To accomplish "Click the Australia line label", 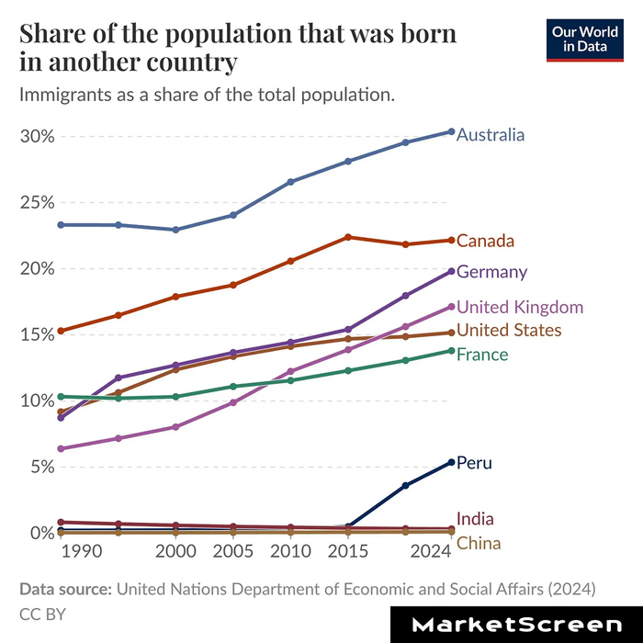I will pyautogui.click(x=491, y=135).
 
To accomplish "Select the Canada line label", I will pyautogui.click(x=484, y=241).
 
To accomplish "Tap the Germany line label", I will pyautogui.click(x=491, y=272).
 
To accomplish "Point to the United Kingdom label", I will pyautogui.click(x=519, y=307).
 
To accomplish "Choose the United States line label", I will pyautogui.click(x=509, y=331).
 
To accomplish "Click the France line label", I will pyautogui.click(x=482, y=355).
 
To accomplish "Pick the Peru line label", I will pyautogui.click(x=474, y=463).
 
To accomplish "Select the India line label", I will pyautogui.click(x=474, y=520).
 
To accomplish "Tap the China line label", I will pyautogui.click(x=479, y=543).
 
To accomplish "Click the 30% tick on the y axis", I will pyautogui.click(x=38, y=136).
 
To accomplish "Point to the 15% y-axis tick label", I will pyautogui.click(x=38, y=334).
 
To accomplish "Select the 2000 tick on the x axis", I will pyautogui.click(x=175, y=551).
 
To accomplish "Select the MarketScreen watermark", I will pyautogui.click(x=516, y=625).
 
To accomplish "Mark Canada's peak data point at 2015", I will pyautogui.click(x=348, y=237).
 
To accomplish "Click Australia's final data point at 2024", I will pyautogui.click(x=451, y=131).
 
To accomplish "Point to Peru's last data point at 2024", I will pyautogui.click(x=451, y=462).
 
